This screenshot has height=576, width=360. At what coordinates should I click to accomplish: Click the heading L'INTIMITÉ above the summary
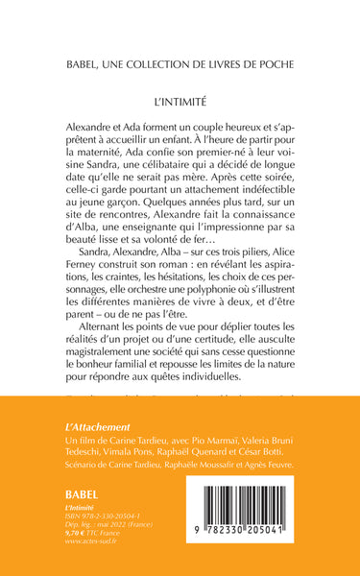pyautogui.click(x=180, y=99)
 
